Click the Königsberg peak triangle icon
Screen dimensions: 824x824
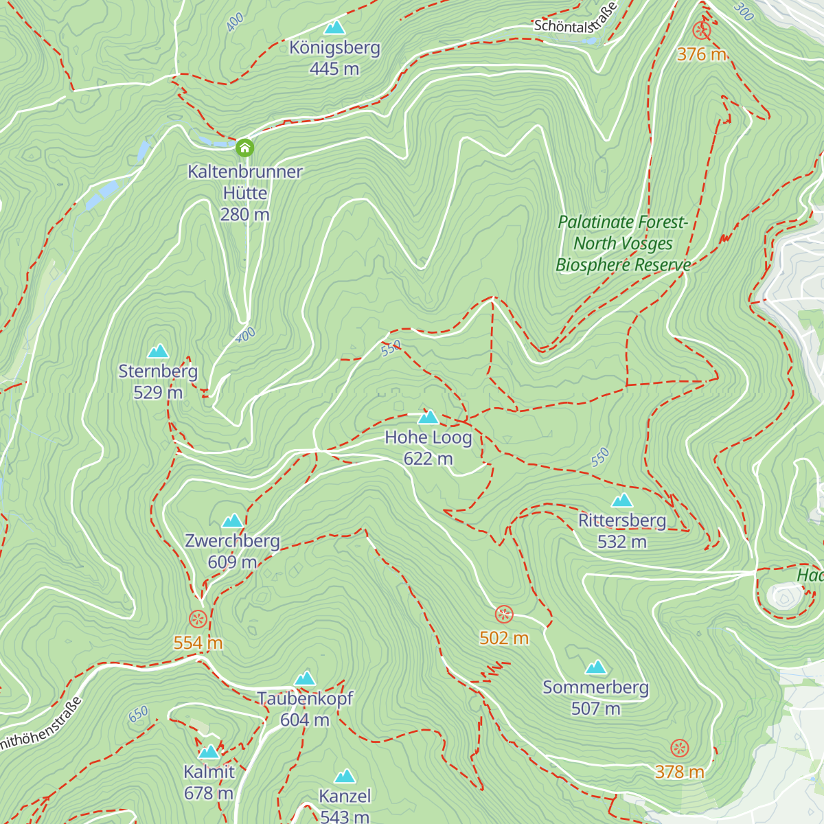tap(334, 27)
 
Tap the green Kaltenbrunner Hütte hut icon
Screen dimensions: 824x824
tap(244, 148)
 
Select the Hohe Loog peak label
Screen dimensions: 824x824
tap(428, 437)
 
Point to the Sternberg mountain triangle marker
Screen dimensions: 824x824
tap(158, 352)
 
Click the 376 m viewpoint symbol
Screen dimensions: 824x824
tap(700, 30)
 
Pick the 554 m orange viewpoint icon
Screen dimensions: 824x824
tap(198, 619)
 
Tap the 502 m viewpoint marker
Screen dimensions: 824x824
tap(504, 615)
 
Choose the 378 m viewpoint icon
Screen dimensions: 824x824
tap(679, 748)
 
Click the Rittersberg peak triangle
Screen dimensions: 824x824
tap(622, 500)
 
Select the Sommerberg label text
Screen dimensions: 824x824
tap(595, 687)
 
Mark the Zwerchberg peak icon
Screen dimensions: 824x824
tap(233, 520)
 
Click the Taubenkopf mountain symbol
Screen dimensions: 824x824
tap(305, 678)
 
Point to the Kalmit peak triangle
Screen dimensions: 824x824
tap(209, 752)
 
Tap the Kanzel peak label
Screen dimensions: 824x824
tap(345, 796)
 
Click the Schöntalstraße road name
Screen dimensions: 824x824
tap(575, 19)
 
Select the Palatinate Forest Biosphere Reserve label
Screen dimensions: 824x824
tap(623, 243)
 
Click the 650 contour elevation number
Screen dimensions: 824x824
tap(138, 715)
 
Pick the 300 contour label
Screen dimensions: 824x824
tap(743, 11)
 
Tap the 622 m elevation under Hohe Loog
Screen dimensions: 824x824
tap(428, 459)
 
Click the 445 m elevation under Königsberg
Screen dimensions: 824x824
tap(334, 69)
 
